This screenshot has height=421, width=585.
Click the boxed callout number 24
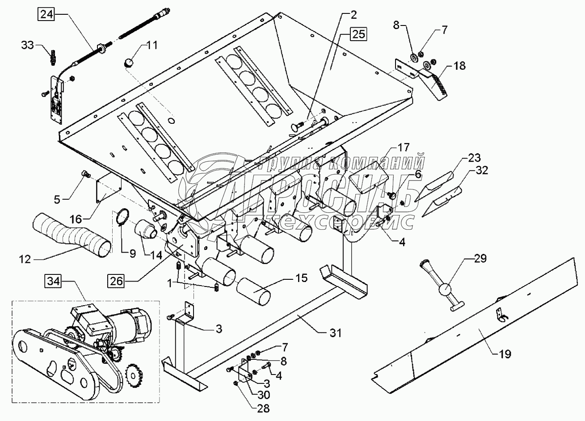point(46,15)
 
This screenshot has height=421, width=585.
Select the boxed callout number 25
point(358,34)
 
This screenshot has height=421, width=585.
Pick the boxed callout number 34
point(53,282)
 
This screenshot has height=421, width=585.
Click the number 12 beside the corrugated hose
point(25,259)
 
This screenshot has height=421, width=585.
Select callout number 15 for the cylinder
point(301,278)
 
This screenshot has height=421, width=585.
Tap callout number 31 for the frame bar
point(335,333)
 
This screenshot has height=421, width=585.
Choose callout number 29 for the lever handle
point(481,258)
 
